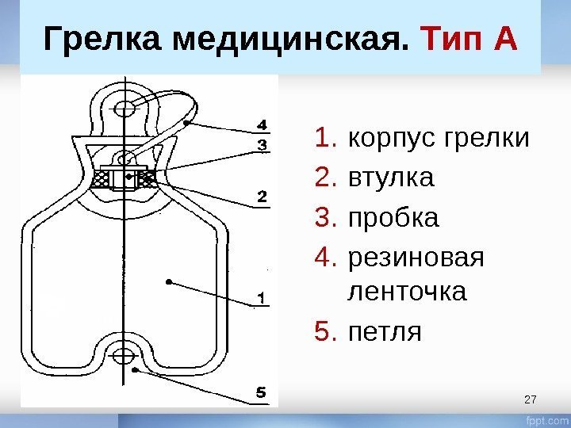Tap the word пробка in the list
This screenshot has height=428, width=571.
click(x=393, y=216)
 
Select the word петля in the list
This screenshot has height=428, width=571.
click(x=385, y=330)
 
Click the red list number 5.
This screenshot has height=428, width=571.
click(x=326, y=330)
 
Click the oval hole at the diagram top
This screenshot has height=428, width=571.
click(x=125, y=107)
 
